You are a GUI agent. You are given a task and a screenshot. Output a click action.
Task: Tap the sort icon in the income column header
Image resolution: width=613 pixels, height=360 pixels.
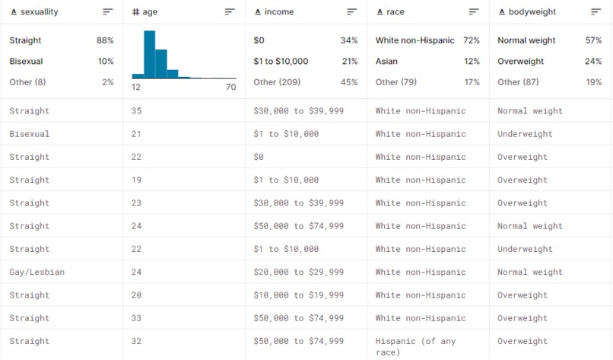click(351, 12)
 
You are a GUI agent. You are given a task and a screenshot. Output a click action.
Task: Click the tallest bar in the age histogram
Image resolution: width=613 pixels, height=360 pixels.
click(149, 54)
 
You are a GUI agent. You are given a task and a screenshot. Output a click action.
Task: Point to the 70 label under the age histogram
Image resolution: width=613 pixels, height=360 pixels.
click(230, 88)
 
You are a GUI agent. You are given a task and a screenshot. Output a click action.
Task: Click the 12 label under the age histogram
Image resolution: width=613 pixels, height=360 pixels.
click(136, 88)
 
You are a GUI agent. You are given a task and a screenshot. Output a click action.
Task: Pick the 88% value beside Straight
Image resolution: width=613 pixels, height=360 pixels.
click(105, 40)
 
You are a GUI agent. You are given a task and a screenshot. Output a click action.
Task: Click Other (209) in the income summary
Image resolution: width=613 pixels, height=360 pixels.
click(275, 82)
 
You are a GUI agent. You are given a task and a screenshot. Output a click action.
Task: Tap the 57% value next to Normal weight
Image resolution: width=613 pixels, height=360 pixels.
click(593, 40)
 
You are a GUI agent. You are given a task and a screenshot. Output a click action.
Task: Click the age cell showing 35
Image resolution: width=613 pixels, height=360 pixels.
click(136, 111)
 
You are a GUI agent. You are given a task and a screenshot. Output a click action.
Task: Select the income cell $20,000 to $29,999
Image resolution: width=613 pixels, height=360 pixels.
click(298, 272)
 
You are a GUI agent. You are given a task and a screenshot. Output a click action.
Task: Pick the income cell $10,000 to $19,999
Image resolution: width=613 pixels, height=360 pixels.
click(298, 295)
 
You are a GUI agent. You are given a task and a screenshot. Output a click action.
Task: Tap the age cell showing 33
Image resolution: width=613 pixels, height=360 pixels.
click(136, 318)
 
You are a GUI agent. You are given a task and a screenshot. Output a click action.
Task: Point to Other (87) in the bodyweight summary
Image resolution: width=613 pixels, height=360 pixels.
click(517, 82)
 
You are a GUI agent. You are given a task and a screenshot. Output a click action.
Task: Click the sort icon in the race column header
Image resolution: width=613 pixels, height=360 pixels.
click(474, 12)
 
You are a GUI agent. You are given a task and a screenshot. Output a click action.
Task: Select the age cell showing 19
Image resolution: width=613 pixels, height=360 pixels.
click(136, 180)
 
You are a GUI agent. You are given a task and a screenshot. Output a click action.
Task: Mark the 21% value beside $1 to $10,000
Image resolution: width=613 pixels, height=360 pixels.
click(349, 62)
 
